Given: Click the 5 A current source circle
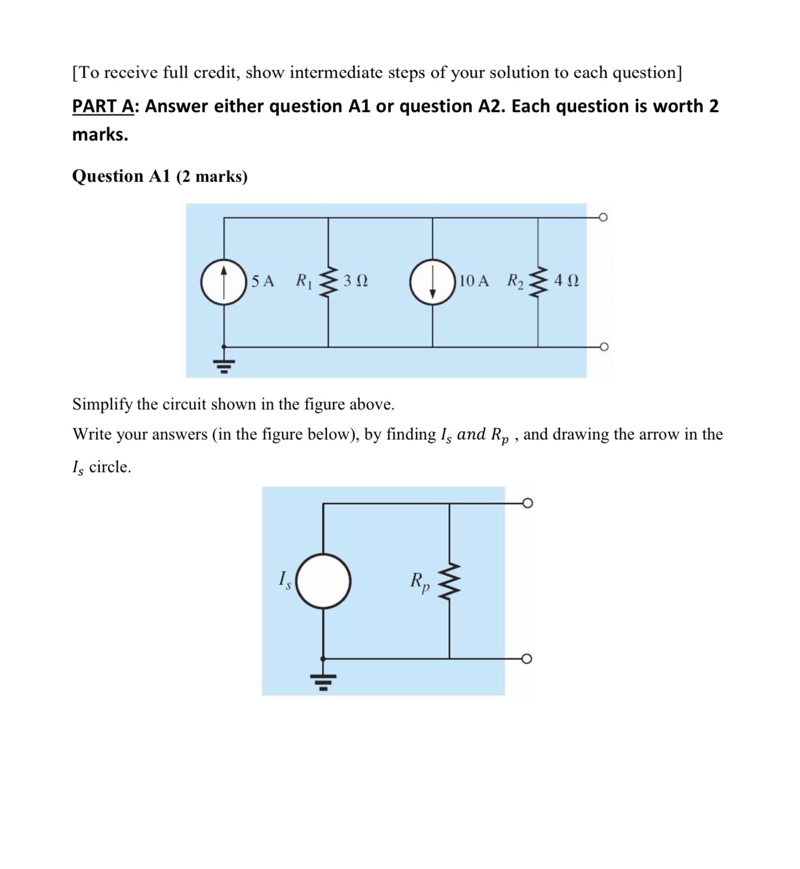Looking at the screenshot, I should pos(224,282).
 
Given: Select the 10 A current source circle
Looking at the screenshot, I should pos(432,282).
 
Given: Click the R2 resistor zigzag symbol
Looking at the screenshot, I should pos(538,281).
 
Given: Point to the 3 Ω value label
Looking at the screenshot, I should pos(356,281).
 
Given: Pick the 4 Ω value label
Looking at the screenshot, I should pos(566,281).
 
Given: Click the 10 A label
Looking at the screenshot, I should pos(474,281).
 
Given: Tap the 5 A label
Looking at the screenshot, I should pos(263,281).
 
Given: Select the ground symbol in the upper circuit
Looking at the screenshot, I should pos(224,365).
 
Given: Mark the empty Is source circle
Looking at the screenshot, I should pos(323,581).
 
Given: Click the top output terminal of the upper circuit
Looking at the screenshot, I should pos(603,218).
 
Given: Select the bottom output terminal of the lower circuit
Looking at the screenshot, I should pos(527,658).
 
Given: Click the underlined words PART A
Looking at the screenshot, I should pos(102,107).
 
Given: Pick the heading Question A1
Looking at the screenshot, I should pos(121,176).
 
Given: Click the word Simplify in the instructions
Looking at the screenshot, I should pos(102,404).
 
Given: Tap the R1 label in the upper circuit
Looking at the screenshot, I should pos(304,281).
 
